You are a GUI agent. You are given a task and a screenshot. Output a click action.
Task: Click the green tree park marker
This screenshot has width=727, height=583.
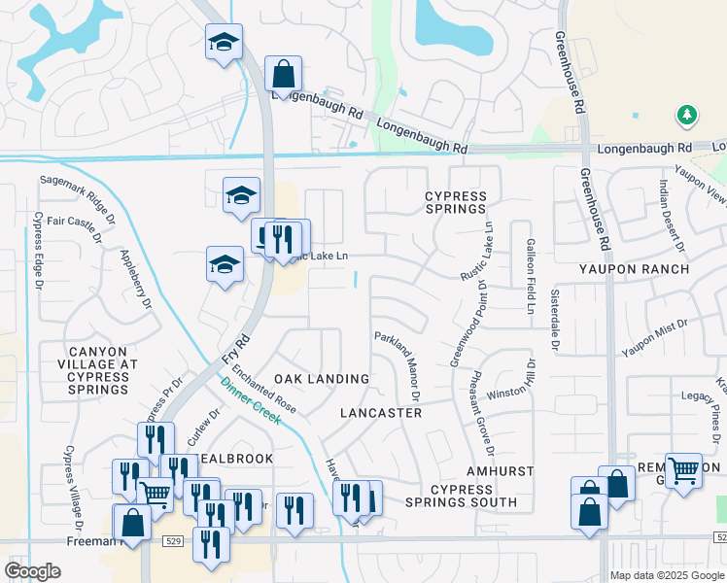(x=687, y=116)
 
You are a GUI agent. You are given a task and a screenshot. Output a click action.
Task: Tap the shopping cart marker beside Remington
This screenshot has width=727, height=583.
(x=683, y=471)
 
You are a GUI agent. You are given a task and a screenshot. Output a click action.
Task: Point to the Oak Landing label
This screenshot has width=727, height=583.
(x=321, y=378)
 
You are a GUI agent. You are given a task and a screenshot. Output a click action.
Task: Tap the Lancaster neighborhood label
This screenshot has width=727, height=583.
(x=381, y=413)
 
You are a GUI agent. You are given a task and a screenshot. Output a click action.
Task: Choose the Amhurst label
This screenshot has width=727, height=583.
(x=500, y=470)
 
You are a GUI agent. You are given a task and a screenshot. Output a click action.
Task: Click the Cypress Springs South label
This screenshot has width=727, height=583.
(x=461, y=495)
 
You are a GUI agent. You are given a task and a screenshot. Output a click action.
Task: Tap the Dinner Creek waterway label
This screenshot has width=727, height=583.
(x=250, y=399)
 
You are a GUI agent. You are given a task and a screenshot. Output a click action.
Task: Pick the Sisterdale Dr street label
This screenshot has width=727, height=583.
(x=555, y=320)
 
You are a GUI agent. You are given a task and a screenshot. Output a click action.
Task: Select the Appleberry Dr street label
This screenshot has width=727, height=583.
(x=135, y=278)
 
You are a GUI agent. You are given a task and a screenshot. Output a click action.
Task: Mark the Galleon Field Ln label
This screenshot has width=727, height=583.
(x=531, y=277)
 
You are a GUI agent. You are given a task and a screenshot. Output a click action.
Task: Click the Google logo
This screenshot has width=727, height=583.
(x=32, y=571)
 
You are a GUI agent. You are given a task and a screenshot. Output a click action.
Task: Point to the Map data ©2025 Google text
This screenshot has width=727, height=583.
(x=667, y=575)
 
